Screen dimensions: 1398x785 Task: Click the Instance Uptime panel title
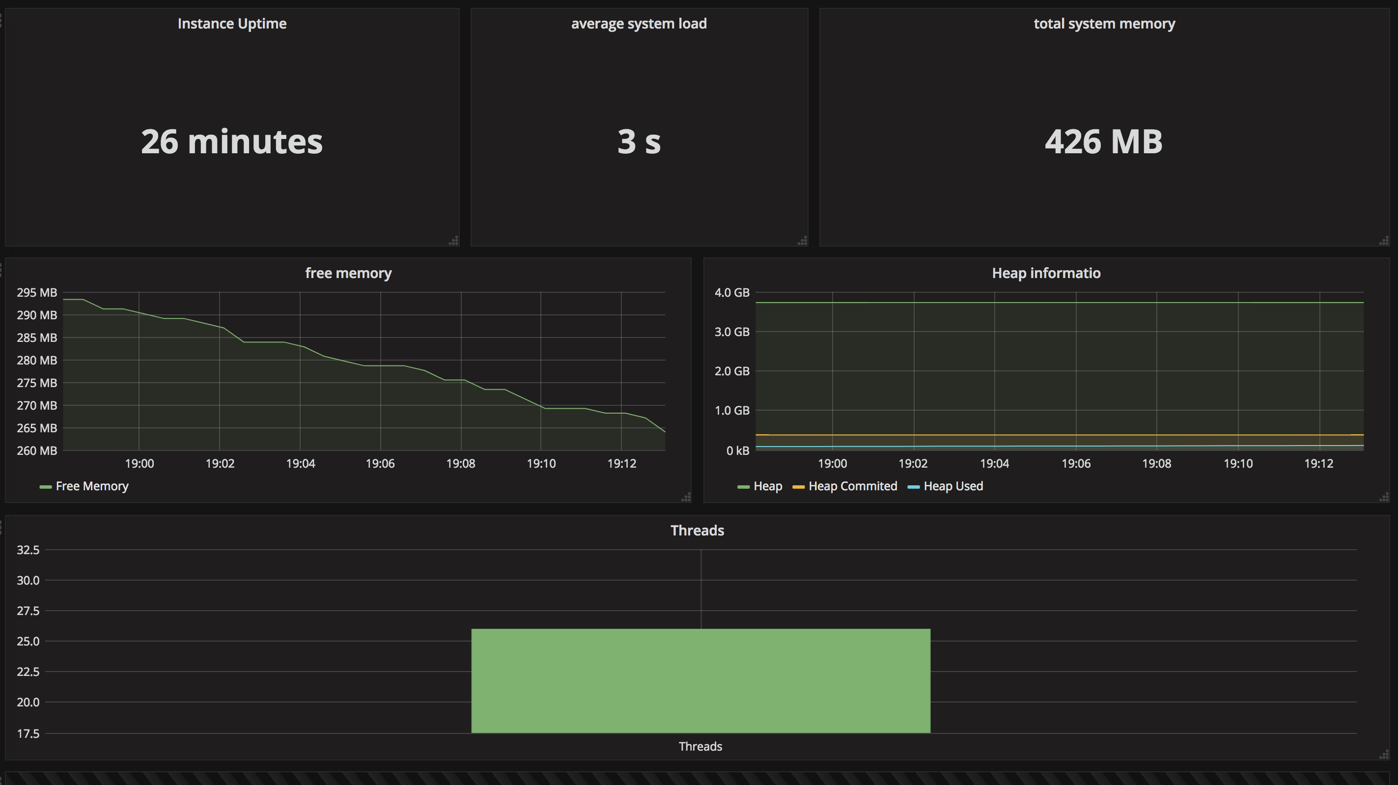(232, 24)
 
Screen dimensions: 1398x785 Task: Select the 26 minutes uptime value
(232, 141)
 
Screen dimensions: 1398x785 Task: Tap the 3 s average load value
(639, 141)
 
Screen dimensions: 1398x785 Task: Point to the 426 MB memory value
(1104, 141)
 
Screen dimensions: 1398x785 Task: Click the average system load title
(639, 24)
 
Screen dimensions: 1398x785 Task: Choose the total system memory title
(1104, 24)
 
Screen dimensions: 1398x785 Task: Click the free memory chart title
(348, 273)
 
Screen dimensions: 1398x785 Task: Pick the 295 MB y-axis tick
(37, 293)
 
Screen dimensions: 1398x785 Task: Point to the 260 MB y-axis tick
(37, 450)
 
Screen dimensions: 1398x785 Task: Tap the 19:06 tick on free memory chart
(380, 464)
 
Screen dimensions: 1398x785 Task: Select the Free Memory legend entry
(84, 486)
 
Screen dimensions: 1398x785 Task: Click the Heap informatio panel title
(1046, 273)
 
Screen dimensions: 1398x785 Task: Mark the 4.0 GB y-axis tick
(732, 293)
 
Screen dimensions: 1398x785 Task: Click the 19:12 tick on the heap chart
(1319, 464)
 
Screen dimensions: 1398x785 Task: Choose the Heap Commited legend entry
(845, 486)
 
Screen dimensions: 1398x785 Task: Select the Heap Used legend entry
(946, 486)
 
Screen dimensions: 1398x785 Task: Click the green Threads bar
(700, 681)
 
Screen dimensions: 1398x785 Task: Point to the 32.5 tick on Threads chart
(28, 550)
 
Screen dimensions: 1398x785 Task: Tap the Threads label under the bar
(700, 747)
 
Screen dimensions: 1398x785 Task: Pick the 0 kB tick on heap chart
(737, 450)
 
